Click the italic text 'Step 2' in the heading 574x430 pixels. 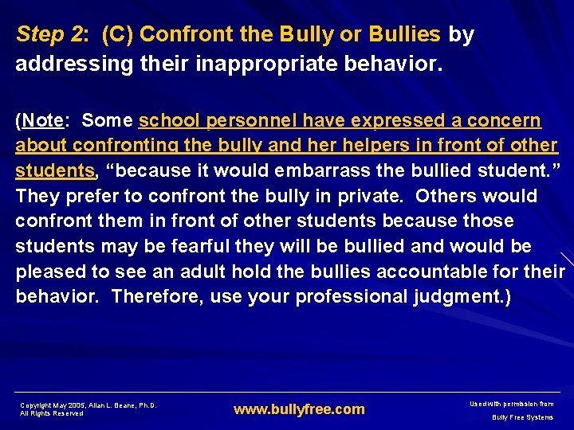52,35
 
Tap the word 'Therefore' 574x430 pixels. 151,296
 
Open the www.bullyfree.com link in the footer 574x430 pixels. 298,409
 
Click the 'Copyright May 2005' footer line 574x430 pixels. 88,405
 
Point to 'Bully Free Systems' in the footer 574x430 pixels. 522,417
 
